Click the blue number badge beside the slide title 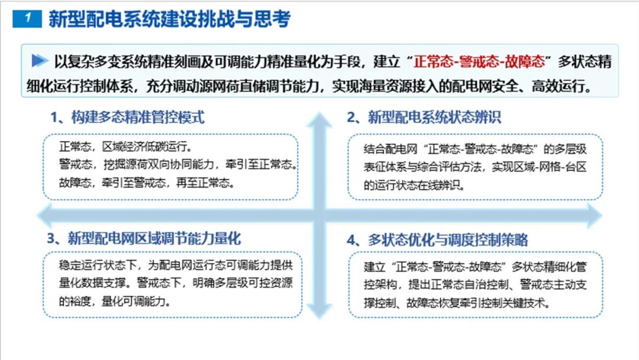[x=27, y=18]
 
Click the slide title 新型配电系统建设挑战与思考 [x=170, y=19]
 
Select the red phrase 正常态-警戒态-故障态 [x=479, y=62]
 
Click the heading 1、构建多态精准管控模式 [x=127, y=117]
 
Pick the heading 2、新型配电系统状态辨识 [x=424, y=117]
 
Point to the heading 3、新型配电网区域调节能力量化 [x=144, y=239]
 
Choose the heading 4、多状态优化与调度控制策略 [x=437, y=240]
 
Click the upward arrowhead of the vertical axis [x=319, y=120]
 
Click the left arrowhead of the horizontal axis [x=45, y=215]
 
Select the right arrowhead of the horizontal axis [x=594, y=215]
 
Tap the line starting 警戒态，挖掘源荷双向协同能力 [x=178, y=164]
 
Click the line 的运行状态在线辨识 [x=414, y=185]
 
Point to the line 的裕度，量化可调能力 [x=115, y=301]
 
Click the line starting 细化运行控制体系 [x=309, y=86]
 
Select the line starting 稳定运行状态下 [x=176, y=265]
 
